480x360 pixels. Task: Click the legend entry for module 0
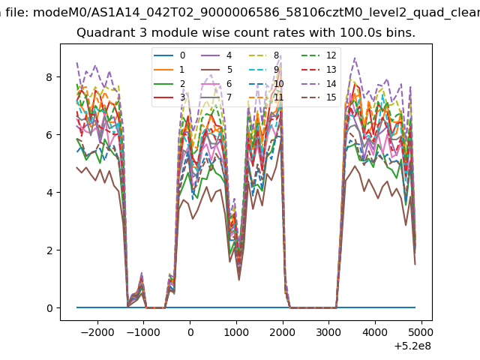tap(169, 55)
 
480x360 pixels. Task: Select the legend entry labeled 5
tap(217, 70)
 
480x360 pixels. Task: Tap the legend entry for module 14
tap(319, 83)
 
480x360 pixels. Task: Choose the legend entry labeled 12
tap(319, 55)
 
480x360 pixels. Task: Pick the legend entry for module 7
tap(217, 97)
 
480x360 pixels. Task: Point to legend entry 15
tap(319, 97)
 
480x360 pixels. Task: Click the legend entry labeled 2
tap(169, 83)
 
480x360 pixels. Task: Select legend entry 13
tap(319, 70)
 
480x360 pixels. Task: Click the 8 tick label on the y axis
tap(49, 77)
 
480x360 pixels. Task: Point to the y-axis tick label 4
tap(49, 193)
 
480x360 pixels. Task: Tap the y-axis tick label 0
tap(49, 308)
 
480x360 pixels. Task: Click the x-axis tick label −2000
tap(97, 332)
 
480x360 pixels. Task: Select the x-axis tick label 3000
tap(328, 332)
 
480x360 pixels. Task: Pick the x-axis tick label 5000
tap(421, 332)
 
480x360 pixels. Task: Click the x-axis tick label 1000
tap(236, 332)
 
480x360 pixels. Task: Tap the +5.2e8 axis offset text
tap(412, 346)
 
